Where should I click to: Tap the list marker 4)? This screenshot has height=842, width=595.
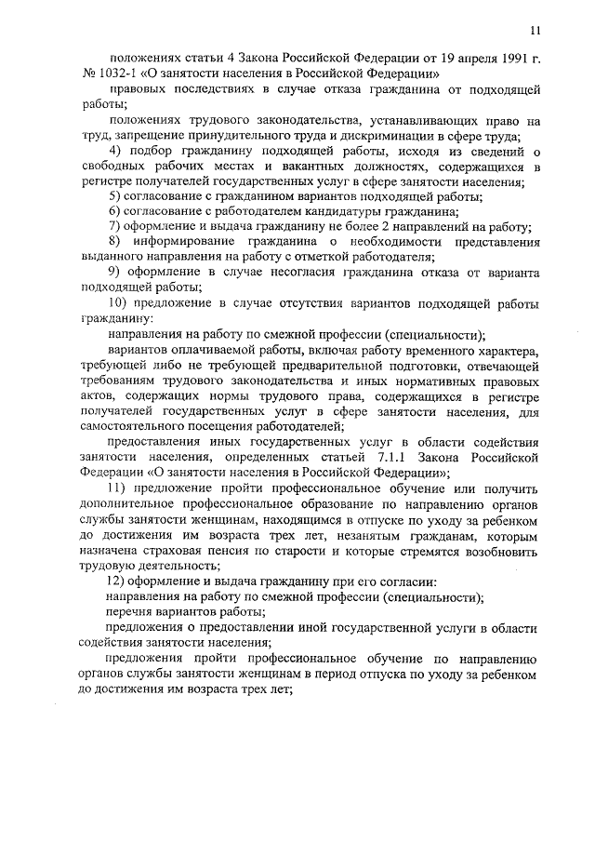coord(116,153)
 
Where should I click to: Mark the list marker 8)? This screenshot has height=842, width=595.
coord(116,243)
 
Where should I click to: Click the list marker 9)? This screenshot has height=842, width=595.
coord(116,274)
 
